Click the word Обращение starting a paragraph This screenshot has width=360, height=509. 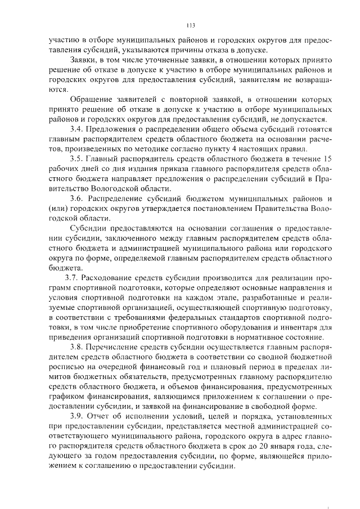click(x=91, y=99)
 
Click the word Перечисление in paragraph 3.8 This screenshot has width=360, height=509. click(x=116, y=345)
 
